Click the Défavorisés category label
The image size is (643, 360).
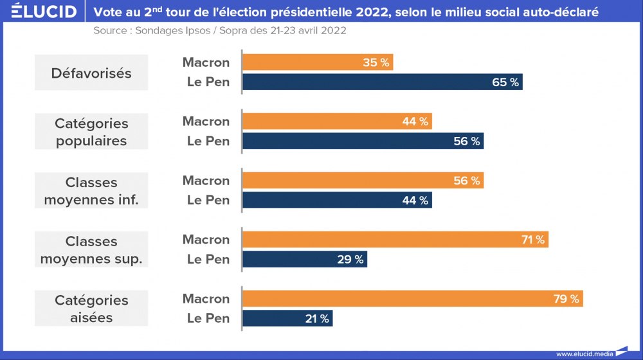click(x=91, y=73)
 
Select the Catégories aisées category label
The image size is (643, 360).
click(x=91, y=309)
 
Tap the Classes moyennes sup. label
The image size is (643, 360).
click(x=91, y=250)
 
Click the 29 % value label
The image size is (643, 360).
click(x=350, y=260)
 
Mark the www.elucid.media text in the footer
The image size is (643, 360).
click(x=584, y=354)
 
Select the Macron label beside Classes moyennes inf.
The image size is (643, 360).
click(x=206, y=181)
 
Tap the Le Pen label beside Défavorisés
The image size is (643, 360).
click(x=208, y=82)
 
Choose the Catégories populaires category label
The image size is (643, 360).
click(x=91, y=132)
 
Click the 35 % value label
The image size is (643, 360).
click(x=376, y=62)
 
